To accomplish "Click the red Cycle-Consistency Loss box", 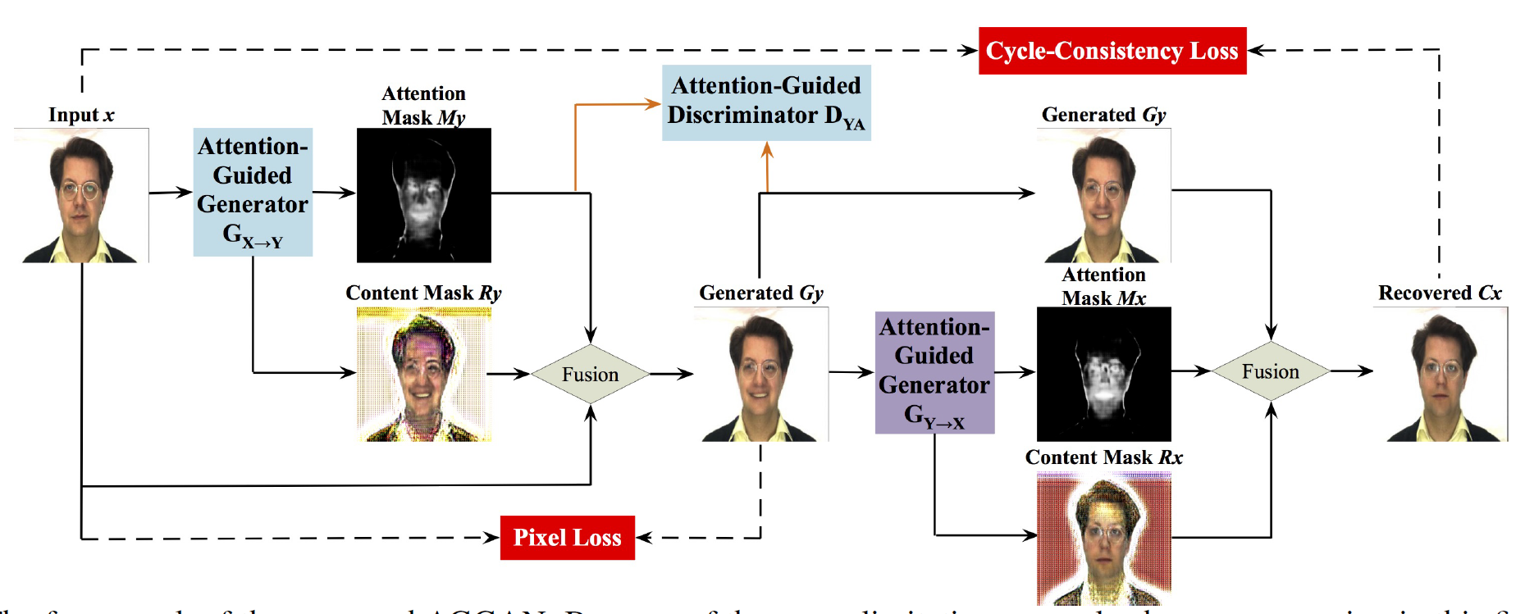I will coord(1112,51).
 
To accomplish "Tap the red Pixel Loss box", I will coord(567,538).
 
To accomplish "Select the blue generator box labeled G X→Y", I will coord(253,192).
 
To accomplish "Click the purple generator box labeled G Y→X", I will coord(934,372).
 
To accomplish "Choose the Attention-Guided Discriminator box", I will coord(766,102).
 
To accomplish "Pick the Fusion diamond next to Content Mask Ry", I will coord(590,374).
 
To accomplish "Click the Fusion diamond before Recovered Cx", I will coord(1270,371).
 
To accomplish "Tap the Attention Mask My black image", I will coord(423,195).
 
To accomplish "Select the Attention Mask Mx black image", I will coord(1103,374).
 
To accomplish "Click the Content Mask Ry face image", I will coord(423,375).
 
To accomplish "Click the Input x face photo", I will coord(81,195).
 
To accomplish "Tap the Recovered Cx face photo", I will coord(1441,375).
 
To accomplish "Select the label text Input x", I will coord(81,115).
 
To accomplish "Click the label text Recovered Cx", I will coord(1440,293).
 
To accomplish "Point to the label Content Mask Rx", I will coord(1103,457).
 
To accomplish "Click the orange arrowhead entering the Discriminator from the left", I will coord(654,104).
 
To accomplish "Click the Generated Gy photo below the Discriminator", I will coord(761,375).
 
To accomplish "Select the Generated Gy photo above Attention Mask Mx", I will coord(1103,195).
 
